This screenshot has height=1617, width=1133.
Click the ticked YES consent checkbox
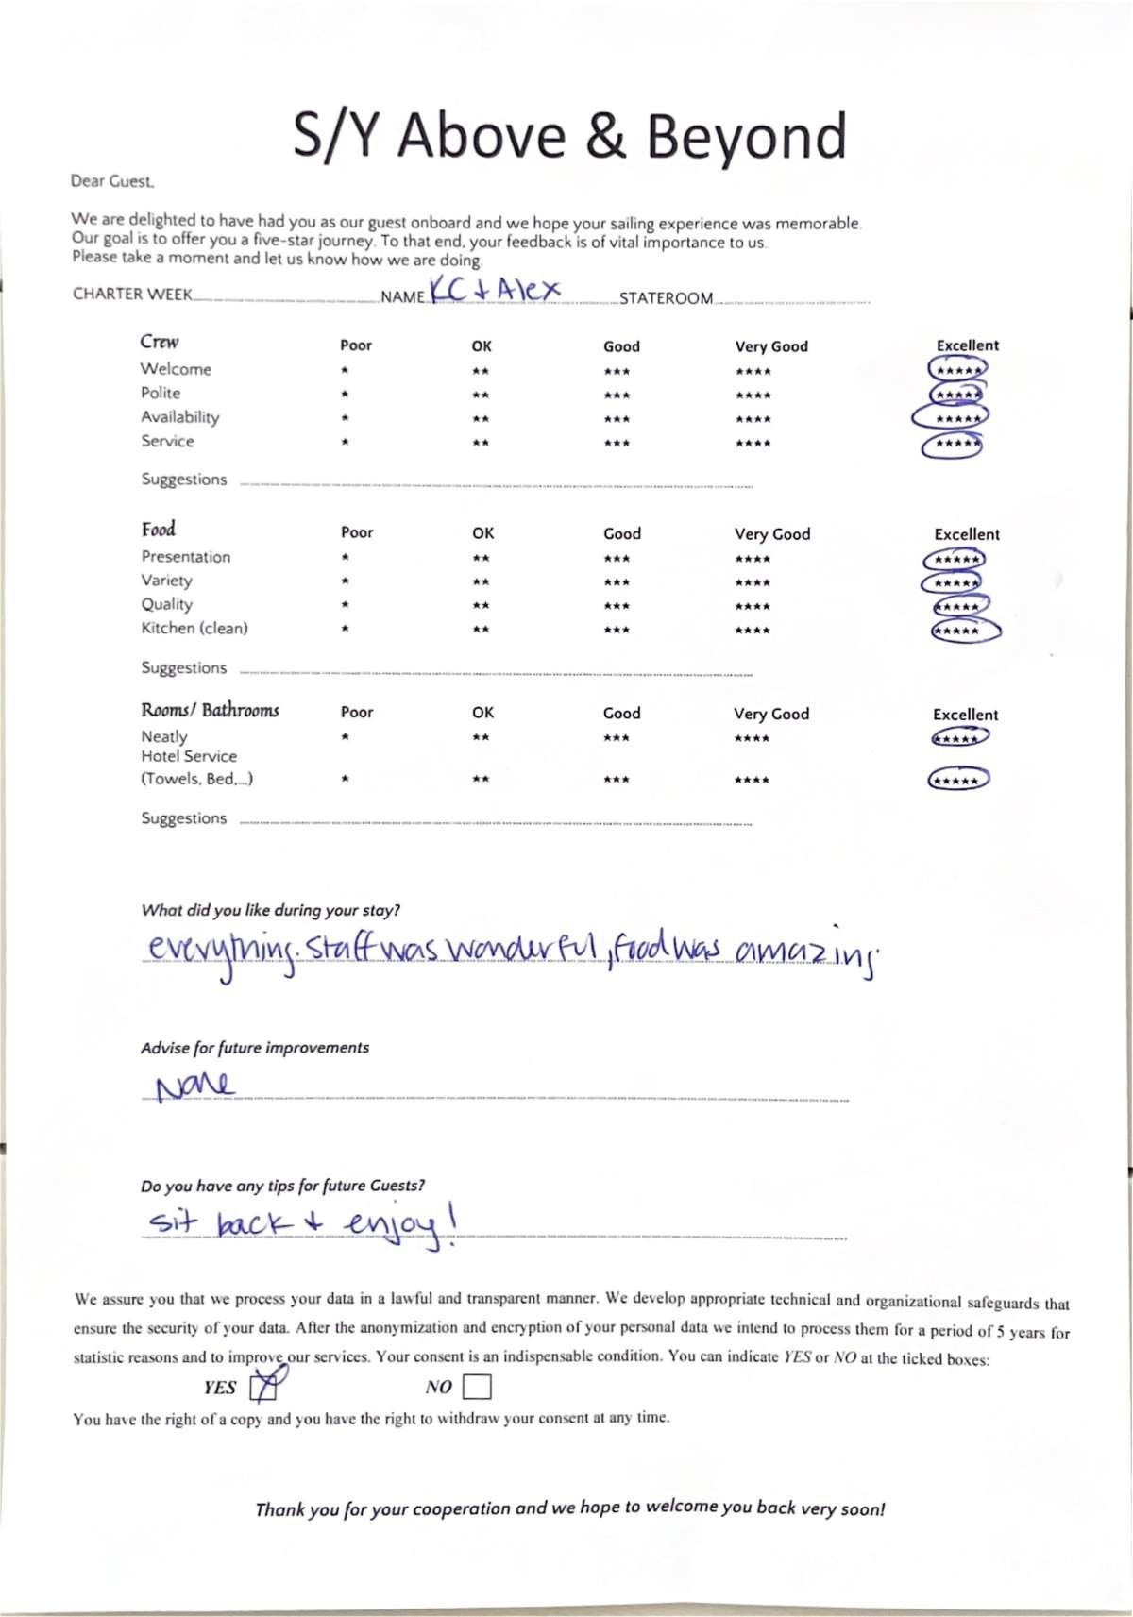263,1387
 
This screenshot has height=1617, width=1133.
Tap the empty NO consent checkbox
477,1387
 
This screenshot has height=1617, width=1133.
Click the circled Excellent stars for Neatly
959,738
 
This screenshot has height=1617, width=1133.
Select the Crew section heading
160,342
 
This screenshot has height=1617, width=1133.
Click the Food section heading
159,530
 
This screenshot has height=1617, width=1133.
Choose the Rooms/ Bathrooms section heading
210,710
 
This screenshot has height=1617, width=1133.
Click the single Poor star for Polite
346,395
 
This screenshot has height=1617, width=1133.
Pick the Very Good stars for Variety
753,582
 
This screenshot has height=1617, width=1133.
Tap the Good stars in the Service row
617,443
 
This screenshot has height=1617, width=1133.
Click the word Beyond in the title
746,137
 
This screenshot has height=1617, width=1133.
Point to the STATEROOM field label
666,298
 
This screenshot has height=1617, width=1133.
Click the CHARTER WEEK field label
132,294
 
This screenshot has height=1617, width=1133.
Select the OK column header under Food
483,533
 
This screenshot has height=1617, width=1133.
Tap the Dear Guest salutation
112,180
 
